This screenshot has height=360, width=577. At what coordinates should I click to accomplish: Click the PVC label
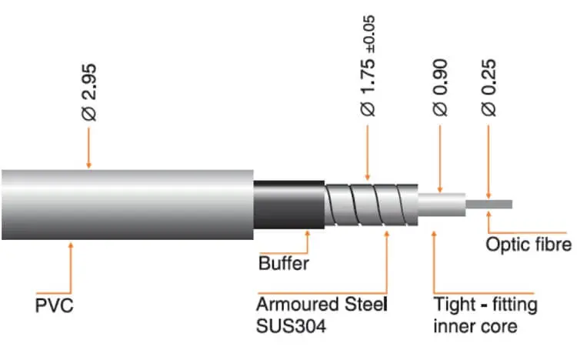pos(54,306)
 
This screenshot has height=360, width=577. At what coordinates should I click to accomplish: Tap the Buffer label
pos(283,264)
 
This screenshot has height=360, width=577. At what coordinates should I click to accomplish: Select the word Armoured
pos(298,305)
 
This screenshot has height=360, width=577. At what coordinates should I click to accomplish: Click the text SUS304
pos(291,326)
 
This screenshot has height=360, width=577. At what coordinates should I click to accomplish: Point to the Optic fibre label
pos(529,245)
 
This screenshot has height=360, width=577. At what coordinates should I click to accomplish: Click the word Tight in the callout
pos(455,305)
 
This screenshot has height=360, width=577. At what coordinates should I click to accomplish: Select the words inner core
pos(475,326)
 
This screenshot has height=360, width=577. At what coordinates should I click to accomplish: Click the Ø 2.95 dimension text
pos(89,93)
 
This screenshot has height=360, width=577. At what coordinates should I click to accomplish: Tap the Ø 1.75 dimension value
pos(368,85)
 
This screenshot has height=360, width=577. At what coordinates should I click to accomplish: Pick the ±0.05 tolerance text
pos(369,35)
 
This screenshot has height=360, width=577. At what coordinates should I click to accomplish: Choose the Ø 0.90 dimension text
pos(440,88)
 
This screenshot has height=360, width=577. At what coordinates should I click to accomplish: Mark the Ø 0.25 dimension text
pos(489,88)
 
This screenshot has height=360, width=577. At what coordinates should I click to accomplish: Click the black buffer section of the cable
pos(288,205)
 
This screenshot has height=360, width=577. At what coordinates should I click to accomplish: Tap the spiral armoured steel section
pos(371,205)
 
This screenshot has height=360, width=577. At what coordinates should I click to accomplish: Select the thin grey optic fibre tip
pos(489,205)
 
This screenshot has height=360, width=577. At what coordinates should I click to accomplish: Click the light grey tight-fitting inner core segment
pos(442,205)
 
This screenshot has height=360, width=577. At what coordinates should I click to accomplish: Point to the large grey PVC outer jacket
pos(127,205)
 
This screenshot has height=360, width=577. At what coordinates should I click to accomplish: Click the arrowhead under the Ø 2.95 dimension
pos(88,165)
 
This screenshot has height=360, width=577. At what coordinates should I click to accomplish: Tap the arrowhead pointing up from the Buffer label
pos(308,235)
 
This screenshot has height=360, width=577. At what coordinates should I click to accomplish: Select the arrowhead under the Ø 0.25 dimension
pos(489,195)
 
